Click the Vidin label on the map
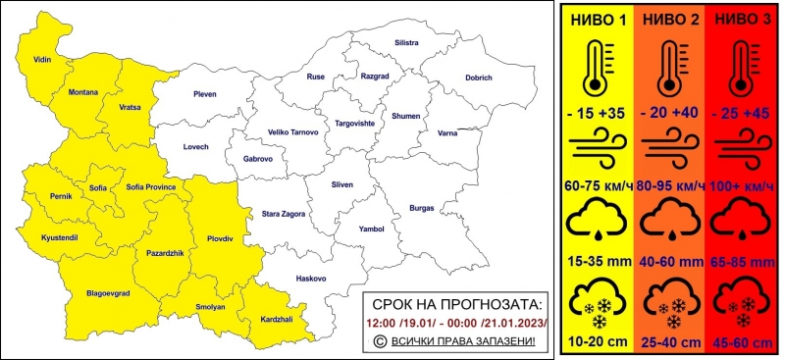click(41, 61)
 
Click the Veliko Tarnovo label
click(294, 131)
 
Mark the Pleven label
click(205, 95)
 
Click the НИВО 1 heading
click(598, 19)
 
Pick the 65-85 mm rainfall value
click(742, 263)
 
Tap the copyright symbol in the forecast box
click(381, 340)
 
